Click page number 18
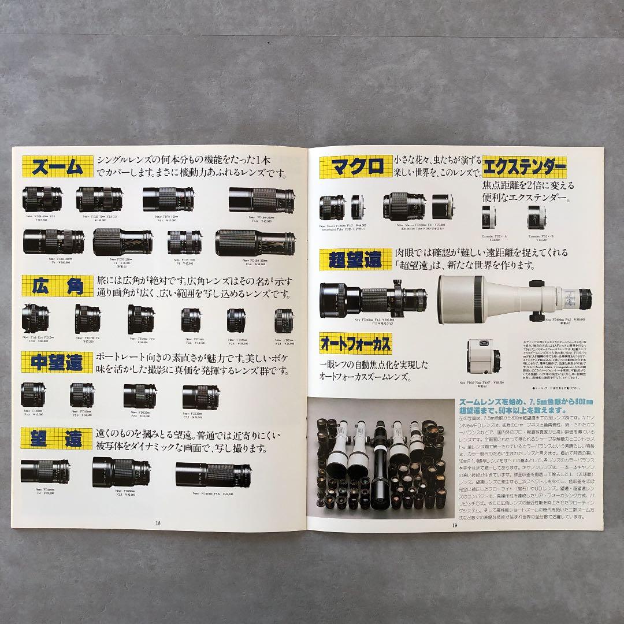tap(158, 523)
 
